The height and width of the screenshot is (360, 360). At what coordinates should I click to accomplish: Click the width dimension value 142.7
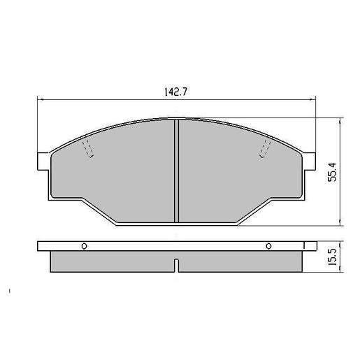[x=175, y=91]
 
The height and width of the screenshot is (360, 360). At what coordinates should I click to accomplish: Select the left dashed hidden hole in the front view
[x=88, y=148]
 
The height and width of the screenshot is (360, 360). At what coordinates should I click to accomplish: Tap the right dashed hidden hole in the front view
[x=265, y=148]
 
